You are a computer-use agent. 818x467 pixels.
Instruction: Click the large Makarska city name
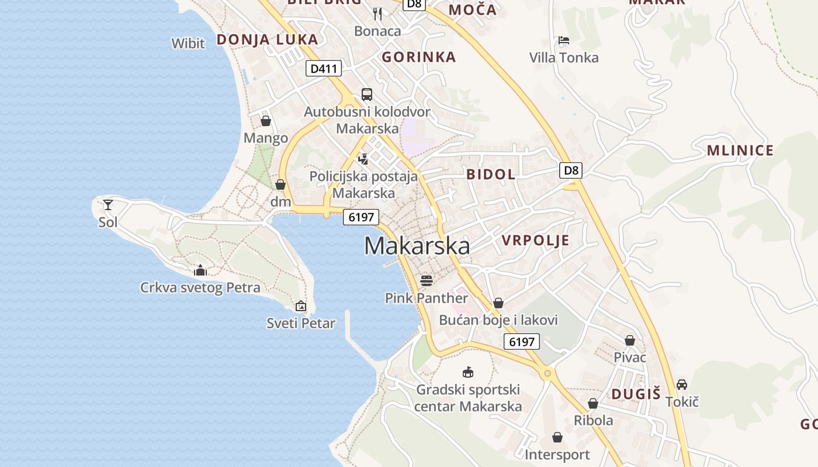pyautogui.click(x=417, y=246)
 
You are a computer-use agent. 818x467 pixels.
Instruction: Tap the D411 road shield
pyautogui.click(x=324, y=68)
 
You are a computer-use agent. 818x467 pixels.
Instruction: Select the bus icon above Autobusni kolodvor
pyautogui.click(x=367, y=95)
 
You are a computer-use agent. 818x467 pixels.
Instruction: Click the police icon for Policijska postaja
pyautogui.click(x=363, y=159)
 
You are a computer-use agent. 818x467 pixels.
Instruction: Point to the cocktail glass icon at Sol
pyautogui.click(x=108, y=205)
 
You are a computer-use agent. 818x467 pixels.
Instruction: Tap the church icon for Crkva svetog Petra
pyautogui.click(x=200, y=270)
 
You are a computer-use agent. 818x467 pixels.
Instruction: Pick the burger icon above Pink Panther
pyautogui.click(x=427, y=281)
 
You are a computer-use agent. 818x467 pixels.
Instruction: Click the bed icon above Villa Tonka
pyautogui.click(x=564, y=40)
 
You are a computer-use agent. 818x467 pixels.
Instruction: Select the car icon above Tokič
pyautogui.click(x=682, y=385)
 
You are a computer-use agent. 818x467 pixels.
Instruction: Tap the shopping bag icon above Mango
pyautogui.click(x=266, y=121)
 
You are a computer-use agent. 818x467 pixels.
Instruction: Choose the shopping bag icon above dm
pyautogui.click(x=280, y=184)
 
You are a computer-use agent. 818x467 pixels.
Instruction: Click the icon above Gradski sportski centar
pyautogui.click(x=467, y=372)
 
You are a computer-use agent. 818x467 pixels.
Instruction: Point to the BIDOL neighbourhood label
pyautogui.click(x=491, y=174)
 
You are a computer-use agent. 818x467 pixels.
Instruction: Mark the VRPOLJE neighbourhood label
pyautogui.click(x=535, y=241)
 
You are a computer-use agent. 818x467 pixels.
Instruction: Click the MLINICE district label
pyautogui.click(x=740, y=151)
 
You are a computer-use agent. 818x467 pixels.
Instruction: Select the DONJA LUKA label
pyautogui.click(x=268, y=40)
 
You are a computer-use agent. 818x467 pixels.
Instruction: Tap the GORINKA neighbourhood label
pyautogui.click(x=418, y=57)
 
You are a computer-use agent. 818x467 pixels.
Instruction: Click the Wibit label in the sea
pyautogui.click(x=188, y=43)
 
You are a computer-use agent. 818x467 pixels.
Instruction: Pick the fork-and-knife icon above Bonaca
pyautogui.click(x=377, y=13)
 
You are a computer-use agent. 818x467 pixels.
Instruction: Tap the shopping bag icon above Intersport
pyautogui.click(x=557, y=437)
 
